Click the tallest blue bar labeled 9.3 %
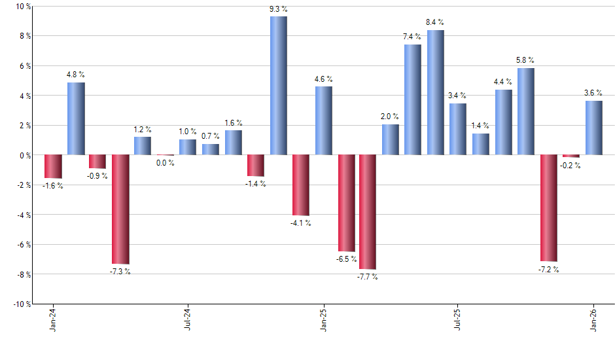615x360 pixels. [x=278, y=86]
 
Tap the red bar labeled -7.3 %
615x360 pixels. [x=120, y=209]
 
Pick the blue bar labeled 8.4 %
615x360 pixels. [x=436, y=92]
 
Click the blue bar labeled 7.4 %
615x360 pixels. [x=413, y=99]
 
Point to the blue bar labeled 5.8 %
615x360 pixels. [x=526, y=111]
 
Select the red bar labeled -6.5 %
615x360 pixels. [x=346, y=203]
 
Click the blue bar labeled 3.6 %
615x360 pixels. [x=594, y=128]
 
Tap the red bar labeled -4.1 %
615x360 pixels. [x=301, y=185]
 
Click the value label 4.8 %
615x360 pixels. [x=76, y=75]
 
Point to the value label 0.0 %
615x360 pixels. [x=165, y=163]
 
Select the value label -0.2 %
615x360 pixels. [x=571, y=166]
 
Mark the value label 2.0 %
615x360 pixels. [x=391, y=117]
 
